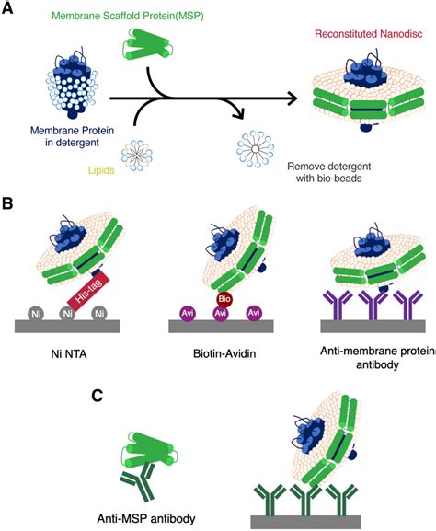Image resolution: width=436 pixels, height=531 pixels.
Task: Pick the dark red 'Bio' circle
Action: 224,300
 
